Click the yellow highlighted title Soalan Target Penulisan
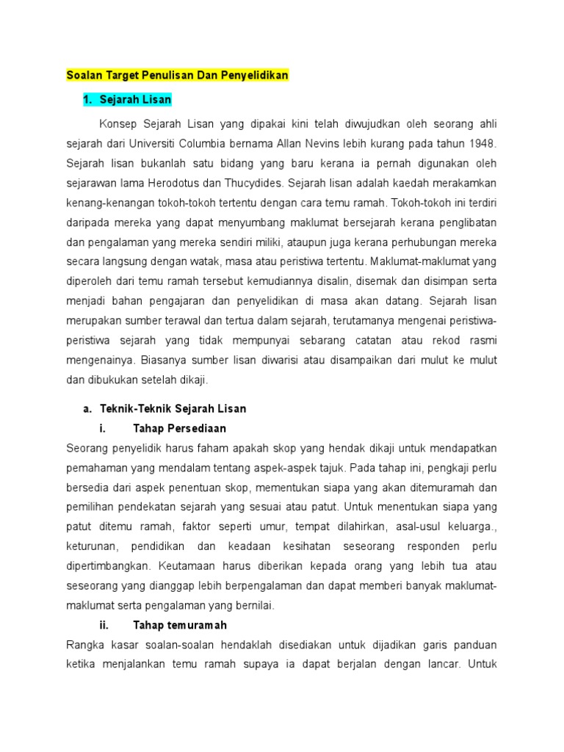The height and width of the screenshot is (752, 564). click(178, 75)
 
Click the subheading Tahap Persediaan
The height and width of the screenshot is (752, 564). click(179, 428)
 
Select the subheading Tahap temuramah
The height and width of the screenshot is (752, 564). click(179, 626)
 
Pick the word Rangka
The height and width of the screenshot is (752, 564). click(85, 646)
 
